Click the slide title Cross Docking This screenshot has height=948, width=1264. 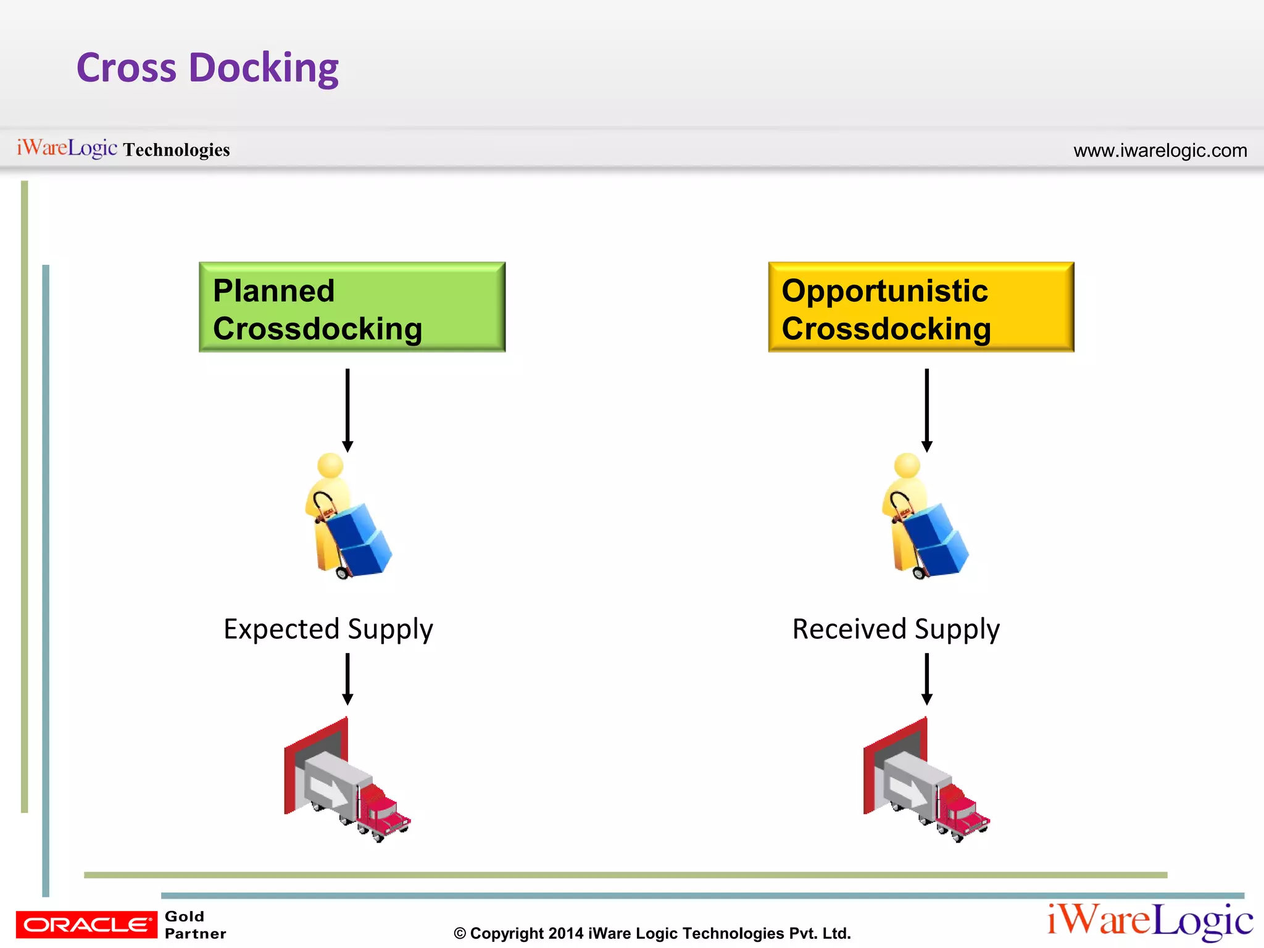pos(207,68)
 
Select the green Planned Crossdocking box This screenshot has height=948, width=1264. pos(352,307)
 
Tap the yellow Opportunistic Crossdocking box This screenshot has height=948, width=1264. pos(921,307)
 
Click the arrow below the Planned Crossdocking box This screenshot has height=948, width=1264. pos(347,410)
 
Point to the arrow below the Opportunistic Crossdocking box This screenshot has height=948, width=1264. pos(926,410)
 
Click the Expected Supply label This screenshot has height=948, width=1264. pos(328,630)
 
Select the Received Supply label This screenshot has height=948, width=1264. pos(896,630)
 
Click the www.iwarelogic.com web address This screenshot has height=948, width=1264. pos(1160,151)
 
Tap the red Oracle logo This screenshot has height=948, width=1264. pos(86,925)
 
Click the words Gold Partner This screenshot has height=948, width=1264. pos(194,925)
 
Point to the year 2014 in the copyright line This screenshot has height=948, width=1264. pos(565,933)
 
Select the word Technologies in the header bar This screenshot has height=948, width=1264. pos(177,150)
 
